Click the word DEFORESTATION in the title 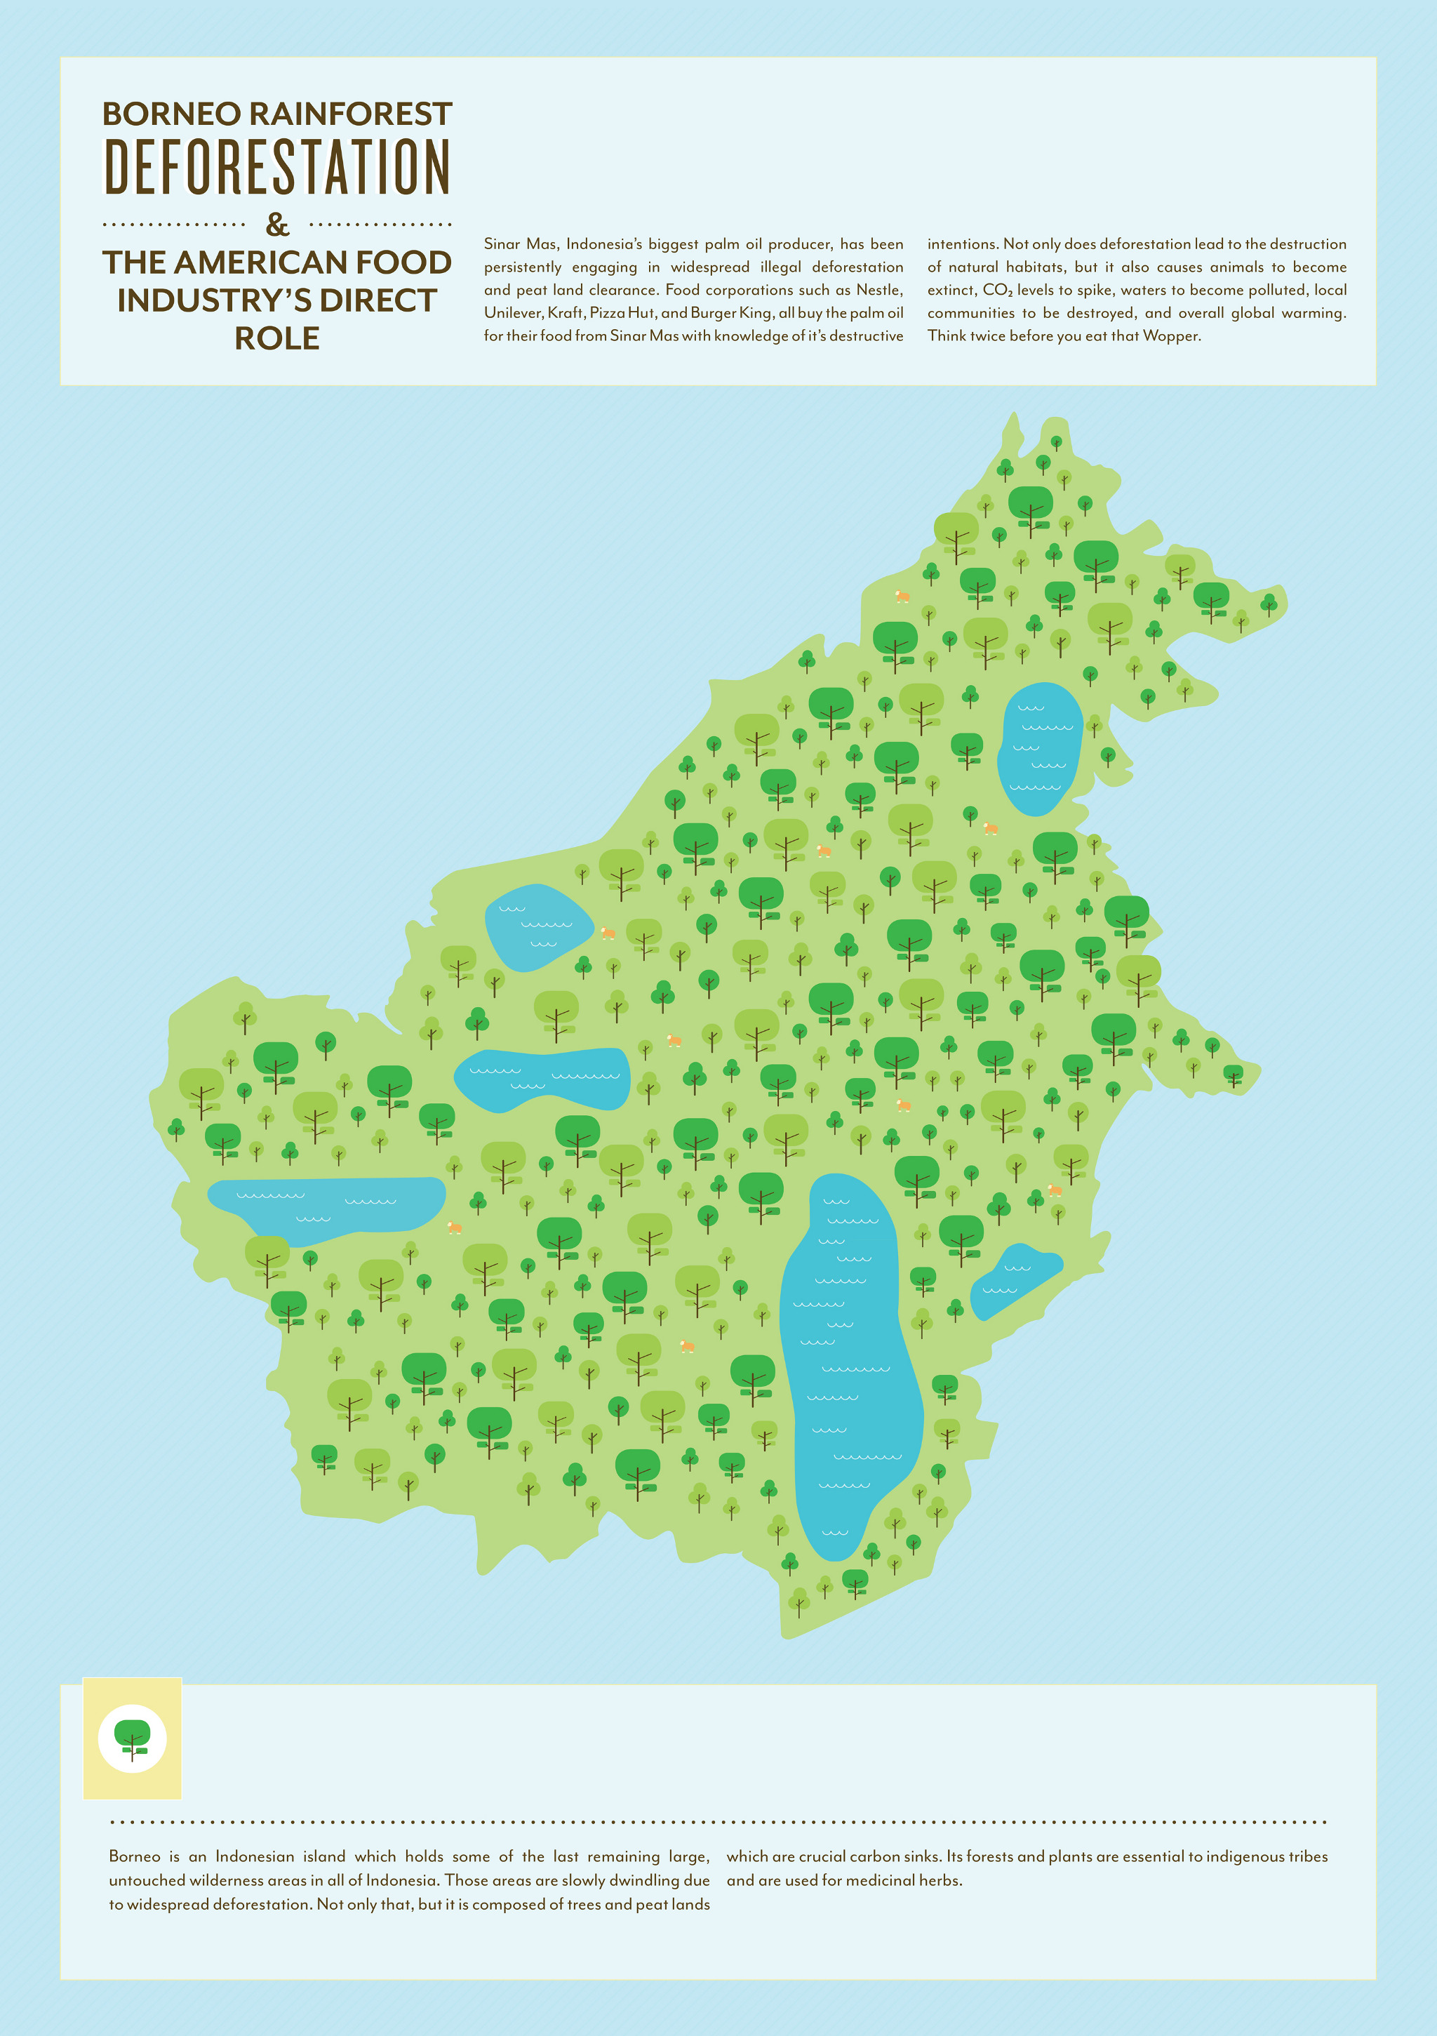point(277,167)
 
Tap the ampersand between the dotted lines point(277,225)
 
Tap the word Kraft point(565,313)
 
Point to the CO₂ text point(997,290)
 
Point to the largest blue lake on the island point(848,1366)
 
